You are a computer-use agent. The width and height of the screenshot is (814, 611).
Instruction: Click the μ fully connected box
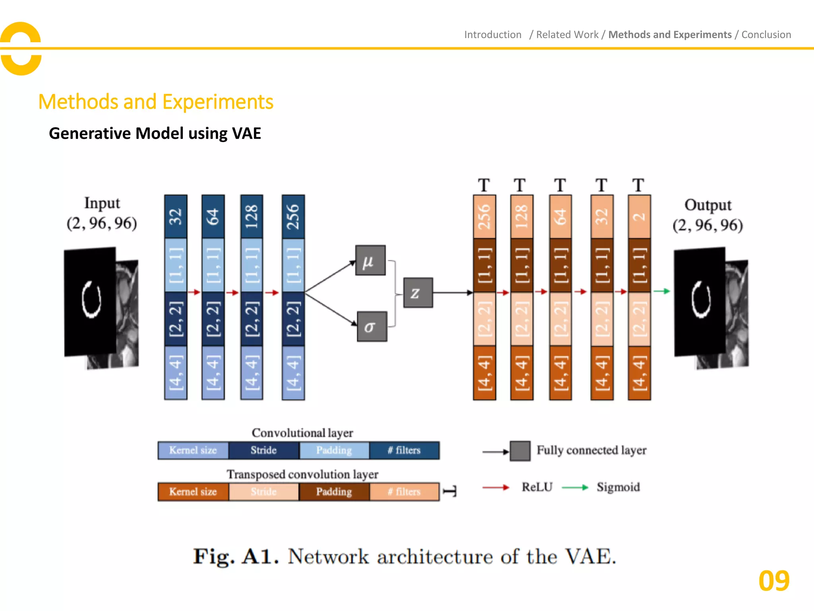(x=370, y=261)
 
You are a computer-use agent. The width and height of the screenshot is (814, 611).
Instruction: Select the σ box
(x=372, y=327)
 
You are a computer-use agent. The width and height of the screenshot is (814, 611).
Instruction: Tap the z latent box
(x=418, y=293)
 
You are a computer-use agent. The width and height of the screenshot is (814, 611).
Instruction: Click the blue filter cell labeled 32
(x=176, y=217)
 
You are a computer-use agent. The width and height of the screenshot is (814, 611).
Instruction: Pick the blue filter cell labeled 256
(x=293, y=217)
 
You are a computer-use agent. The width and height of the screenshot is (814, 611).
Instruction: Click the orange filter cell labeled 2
(x=639, y=217)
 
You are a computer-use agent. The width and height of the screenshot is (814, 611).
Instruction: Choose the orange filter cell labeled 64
(x=560, y=217)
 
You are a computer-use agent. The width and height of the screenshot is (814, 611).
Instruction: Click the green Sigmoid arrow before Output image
(x=662, y=291)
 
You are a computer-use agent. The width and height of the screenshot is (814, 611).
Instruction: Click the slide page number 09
(x=773, y=581)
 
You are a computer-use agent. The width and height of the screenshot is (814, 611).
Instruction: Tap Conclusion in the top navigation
(x=766, y=35)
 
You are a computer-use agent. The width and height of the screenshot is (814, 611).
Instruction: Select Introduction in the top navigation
(x=492, y=35)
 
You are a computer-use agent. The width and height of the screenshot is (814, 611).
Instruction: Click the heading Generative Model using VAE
(x=155, y=133)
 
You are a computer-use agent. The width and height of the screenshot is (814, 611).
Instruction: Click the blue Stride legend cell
(x=264, y=450)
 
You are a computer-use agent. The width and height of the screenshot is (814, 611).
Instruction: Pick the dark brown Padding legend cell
(x=334, y=492)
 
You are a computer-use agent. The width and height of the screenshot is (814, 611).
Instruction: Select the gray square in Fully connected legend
(x=520, y=451)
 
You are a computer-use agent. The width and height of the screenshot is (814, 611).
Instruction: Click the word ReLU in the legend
(x=537, y=487)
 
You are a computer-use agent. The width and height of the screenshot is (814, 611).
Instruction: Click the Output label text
(x=707, y=205)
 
